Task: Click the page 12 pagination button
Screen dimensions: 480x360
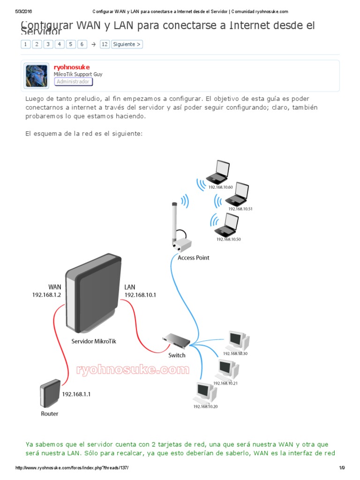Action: pyautogui.click(x=105, y=44)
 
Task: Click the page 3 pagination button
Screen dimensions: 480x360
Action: pyautogui.click(x=48, y=44)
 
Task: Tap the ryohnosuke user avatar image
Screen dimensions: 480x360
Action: pyautogui.click(x=37, y=76)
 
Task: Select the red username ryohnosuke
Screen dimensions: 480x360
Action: pyautogui.click(x=72, y=67)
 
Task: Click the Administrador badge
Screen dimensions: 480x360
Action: pyautogui.click(x=73, y=82)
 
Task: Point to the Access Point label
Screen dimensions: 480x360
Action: pyautogui.click(x=193, y=258)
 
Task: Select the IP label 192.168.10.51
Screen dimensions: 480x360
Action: pyautogui.click(x=240, y=209)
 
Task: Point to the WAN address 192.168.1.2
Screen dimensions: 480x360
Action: pyautogui.click(x=46, y=295)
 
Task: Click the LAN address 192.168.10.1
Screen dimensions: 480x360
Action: pyautogui.click(x=140, y=295)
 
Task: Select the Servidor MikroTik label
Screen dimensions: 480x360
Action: pyautogui.click(x=93, y=341)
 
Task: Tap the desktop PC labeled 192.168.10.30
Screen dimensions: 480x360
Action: pyautogui.click(x=238, y=340)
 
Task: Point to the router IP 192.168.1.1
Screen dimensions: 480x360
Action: pyautogui.click(x=76, y=394)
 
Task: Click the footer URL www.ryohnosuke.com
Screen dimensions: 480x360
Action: pyautogui.click(x=72, y=468)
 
